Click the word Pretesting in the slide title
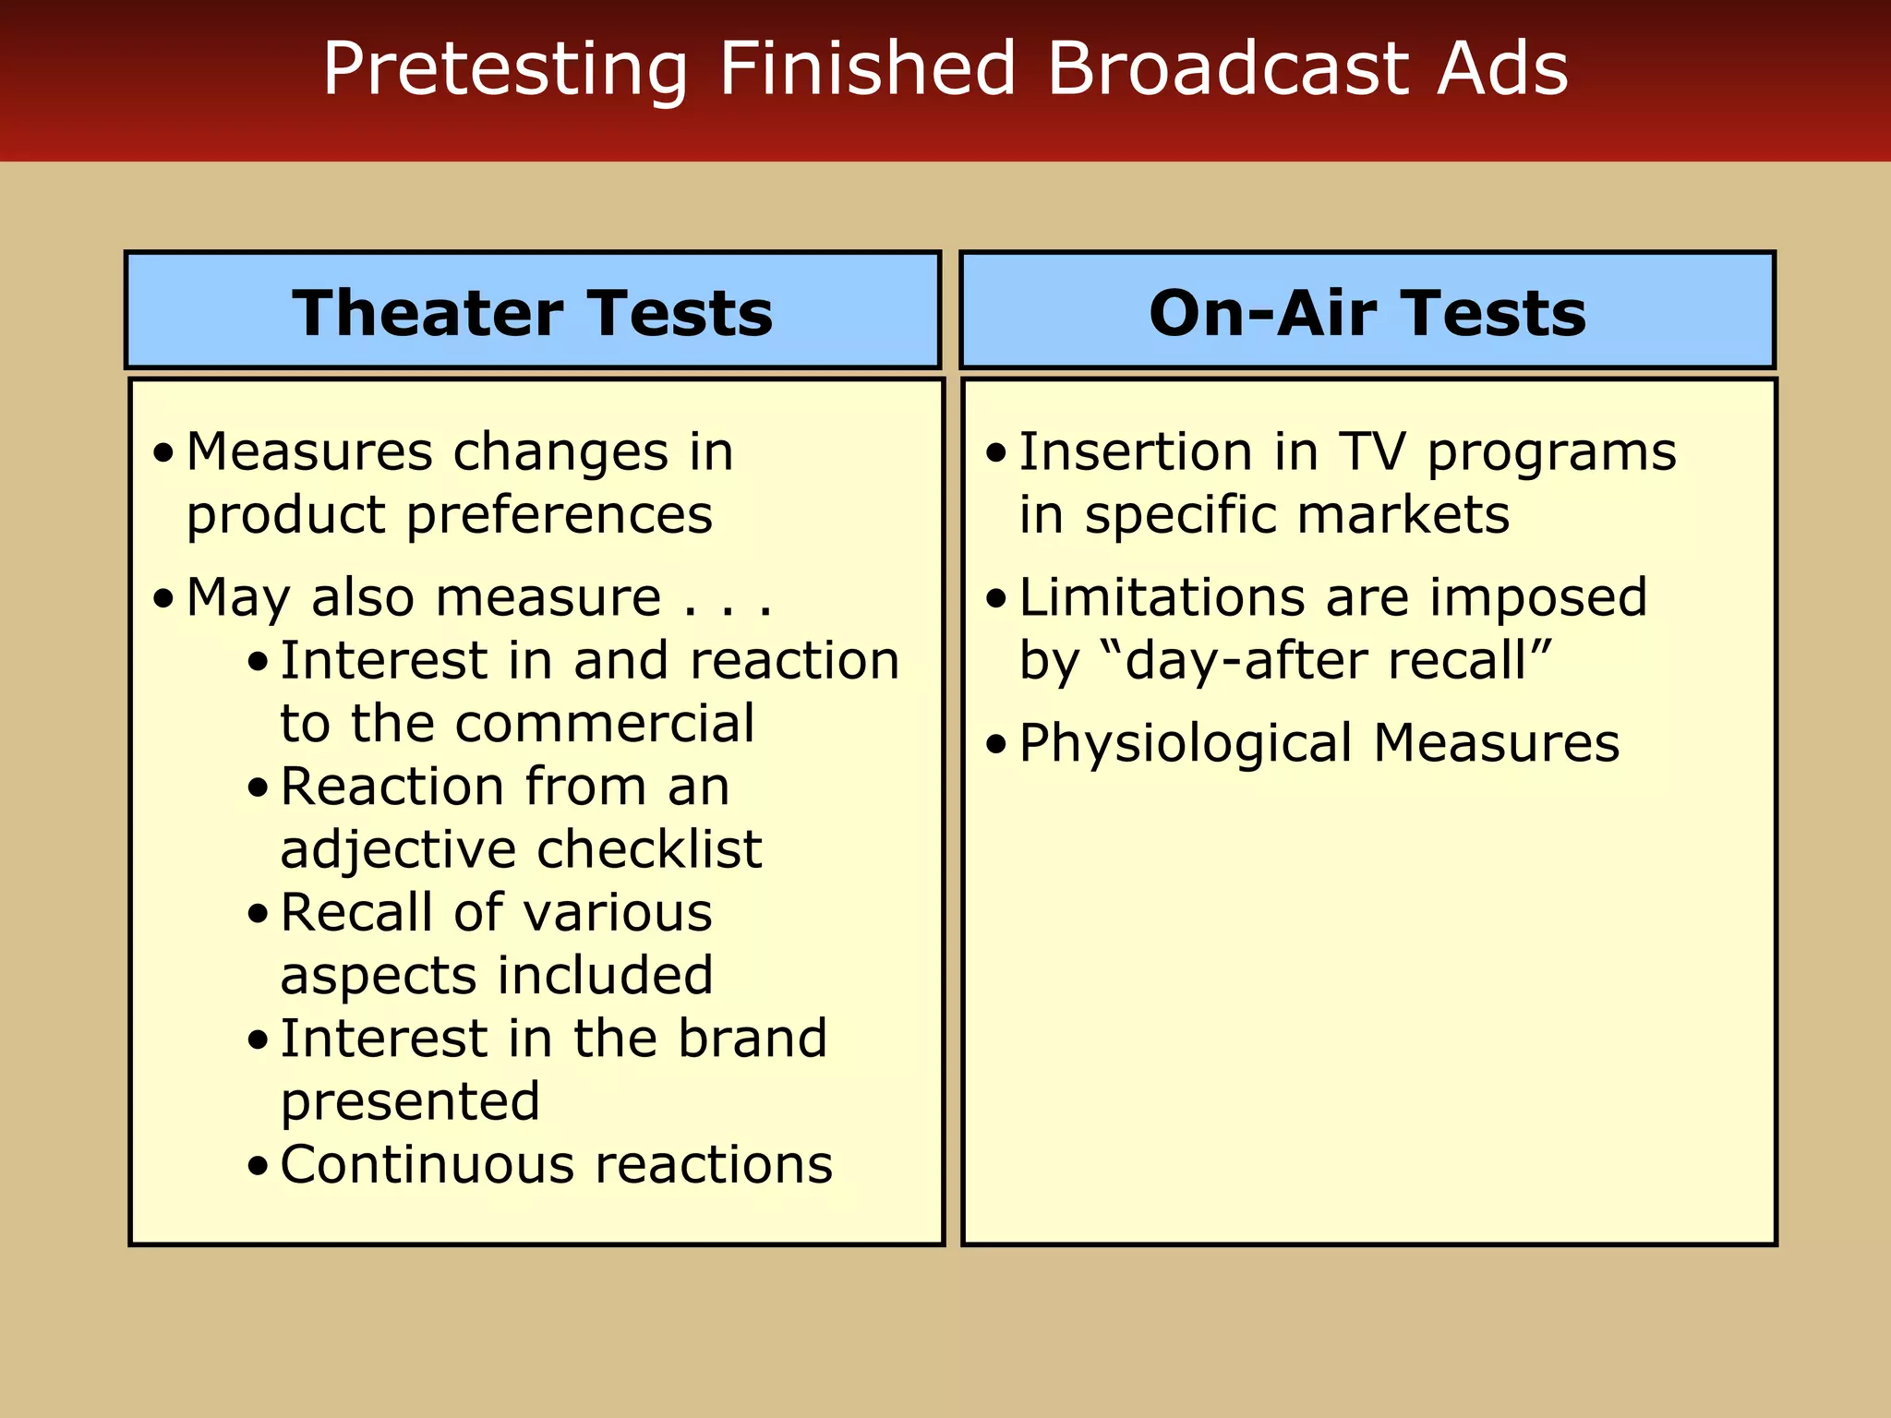click(x=504, y=70)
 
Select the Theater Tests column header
click(x=533, y=313)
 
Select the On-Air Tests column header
click(x=1367, y=313)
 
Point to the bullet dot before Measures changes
click(x=163, y=454)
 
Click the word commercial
click(x=605, y=723)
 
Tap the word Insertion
click(x=1135, y=452)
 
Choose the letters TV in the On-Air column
click(x=1372, y=452)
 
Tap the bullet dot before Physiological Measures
click(x=995, y=744)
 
